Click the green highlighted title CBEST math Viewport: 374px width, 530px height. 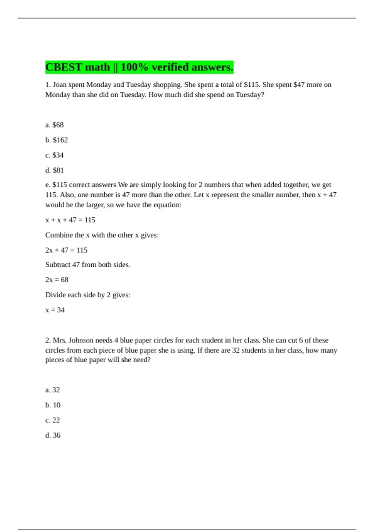click(139, 67)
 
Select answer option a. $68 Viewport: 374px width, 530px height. click(55, 125)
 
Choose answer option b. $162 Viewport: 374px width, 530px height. click(56, 140)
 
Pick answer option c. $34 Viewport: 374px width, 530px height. click(55, 155)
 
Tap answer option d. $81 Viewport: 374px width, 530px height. click(55, 170)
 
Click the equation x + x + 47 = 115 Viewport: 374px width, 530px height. click(70, 220)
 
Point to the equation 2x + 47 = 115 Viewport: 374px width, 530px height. click(66, 250)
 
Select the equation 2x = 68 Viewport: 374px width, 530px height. click(57, 280)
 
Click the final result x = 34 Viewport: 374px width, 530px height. click(55, 310)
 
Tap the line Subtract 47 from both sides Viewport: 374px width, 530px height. click(88, 265)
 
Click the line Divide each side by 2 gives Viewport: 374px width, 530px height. click(88, 295)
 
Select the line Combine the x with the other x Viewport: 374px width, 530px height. click(102, 235)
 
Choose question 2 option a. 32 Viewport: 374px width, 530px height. click(52, 390)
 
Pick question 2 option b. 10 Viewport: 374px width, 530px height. click(53, 405)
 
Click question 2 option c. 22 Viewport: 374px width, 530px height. click(52, 420)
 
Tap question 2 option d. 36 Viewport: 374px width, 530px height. click(53, 435)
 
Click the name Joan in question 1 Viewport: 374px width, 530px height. click(60, 85)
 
